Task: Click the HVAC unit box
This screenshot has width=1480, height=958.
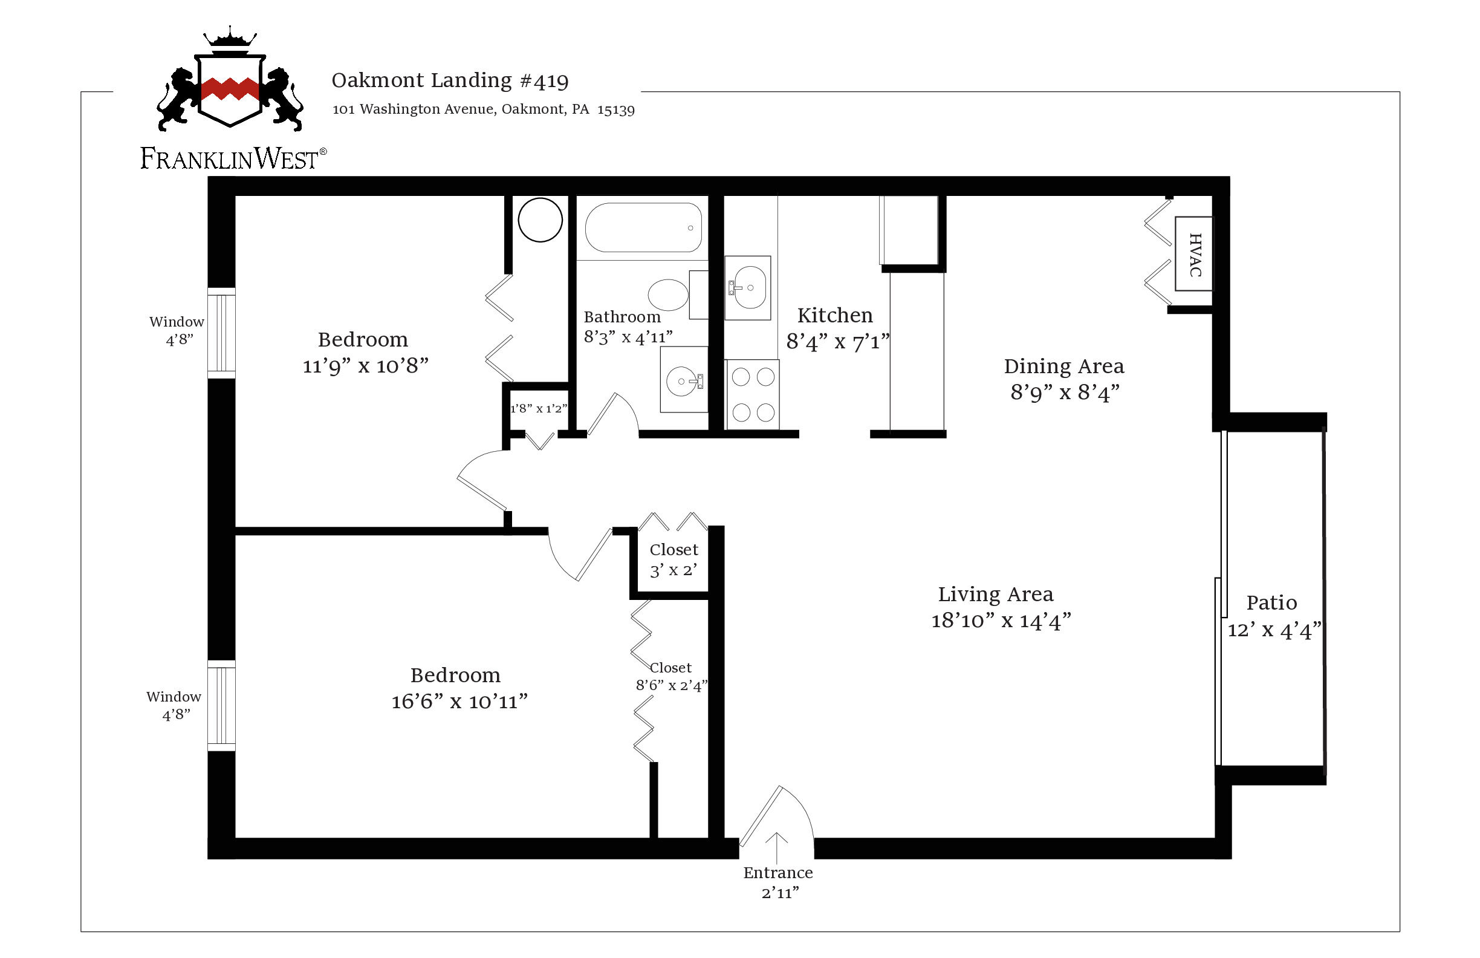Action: click(x=1193, y=254)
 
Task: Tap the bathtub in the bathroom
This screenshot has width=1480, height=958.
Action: click(x=644, y=227)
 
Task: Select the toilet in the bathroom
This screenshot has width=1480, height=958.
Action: click(x=669, y=295)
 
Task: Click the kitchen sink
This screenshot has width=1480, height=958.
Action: click(x=748, y=287)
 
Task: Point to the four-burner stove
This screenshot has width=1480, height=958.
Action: click(x=753, y=394)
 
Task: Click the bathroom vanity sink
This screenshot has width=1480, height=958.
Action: click(x=683, y=380)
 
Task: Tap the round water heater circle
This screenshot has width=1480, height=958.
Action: click(x=540, y=220)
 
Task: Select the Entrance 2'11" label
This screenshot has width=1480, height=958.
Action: click(x=779, y=882)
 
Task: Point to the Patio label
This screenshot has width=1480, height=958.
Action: click(x=1271, y=603)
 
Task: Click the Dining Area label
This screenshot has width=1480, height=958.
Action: click(x=1063, y=367)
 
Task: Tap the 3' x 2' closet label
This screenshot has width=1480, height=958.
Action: click(x=673, y=570)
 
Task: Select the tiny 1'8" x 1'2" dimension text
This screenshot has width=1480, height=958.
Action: click(x=539, y=409)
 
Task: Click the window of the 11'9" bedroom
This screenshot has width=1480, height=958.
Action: click(x=221, y=333)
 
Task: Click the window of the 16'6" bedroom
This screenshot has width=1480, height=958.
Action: click(x=221, y=705)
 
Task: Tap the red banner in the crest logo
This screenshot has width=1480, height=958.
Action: click(x=230, y=89)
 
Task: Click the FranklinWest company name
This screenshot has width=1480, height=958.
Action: click(x=230, y=158)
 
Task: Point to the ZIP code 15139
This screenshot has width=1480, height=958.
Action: click(x=615, y=109)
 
